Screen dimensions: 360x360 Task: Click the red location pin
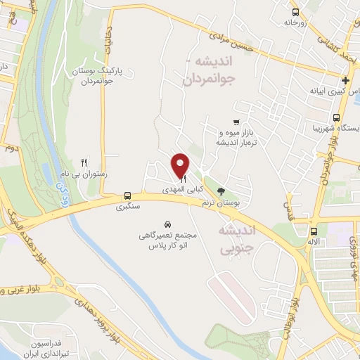tap(181, 165)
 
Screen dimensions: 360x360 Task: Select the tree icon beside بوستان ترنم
tap(221, 190)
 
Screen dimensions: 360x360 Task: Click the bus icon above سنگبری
tap(127, 196)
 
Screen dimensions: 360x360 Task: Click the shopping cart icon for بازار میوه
tap(236, 121)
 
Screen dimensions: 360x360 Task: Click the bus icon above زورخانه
tap(295, 11)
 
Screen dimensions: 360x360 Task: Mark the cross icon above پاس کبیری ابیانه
tap(346, 80)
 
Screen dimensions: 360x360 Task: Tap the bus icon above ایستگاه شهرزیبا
tap(337, 117)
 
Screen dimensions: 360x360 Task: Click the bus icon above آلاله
tap(314, 231)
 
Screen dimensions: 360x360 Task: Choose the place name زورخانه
tap(297, 22)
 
